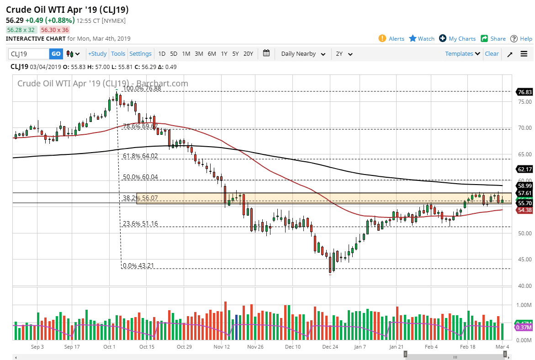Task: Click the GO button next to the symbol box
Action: [x=56, y=54]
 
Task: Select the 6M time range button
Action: [x=212, y=54]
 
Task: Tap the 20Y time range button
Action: [x=248, y=54]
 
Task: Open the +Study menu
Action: [x=97, y=54]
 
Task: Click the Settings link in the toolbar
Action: [x=140, y=54]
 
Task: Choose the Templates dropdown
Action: [x=462, y=54]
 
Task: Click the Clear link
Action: [x=492, y=54]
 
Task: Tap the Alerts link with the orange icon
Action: [x=392, y=39]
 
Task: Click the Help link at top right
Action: [x=521, y=39]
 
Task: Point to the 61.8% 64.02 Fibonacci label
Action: [x=140, y=156]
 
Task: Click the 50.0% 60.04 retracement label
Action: [x=140, y=177]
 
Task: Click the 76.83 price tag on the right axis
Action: [x=524, y=92]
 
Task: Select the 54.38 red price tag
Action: [x=524, y=210]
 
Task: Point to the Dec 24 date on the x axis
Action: [x=330, y=347]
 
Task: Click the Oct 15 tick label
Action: [x=146, y=347]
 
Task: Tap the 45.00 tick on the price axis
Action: [x=524, y=259]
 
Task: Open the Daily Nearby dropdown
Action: [x=303, y=54]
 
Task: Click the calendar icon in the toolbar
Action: [x=267, y=53]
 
